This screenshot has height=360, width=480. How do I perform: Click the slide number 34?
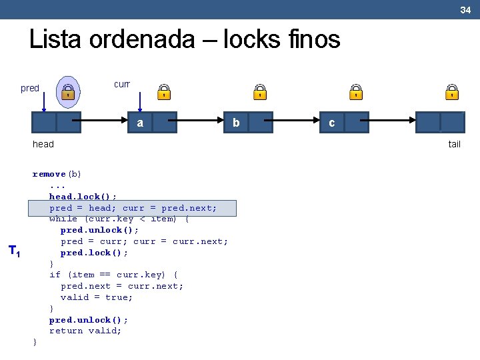click(465, 9)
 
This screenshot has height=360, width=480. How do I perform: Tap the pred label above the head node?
click(30, 88)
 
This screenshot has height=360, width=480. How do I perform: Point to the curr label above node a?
click(122, 85)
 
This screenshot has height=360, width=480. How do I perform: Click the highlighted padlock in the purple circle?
click(68, 93)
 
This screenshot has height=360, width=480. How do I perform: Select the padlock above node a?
click(163, 92)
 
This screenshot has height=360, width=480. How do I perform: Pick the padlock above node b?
click(260, 92)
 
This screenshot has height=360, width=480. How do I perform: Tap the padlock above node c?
click(356, 92)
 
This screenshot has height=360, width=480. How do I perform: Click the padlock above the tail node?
click(452, 92)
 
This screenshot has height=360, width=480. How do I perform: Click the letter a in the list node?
click(140, 123)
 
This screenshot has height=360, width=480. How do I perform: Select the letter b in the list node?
click(236, 123)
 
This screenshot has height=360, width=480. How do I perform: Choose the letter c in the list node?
click(332, 123)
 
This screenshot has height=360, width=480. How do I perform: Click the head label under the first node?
click(43, 144)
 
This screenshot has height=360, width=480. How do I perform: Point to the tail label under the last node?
click(454, 144)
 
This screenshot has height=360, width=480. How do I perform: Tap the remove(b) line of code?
click(57, 174)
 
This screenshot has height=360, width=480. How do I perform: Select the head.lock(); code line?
click(83, 197)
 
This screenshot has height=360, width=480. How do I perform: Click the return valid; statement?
click(85, 331)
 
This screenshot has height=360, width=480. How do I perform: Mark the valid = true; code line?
click(97, 297)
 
